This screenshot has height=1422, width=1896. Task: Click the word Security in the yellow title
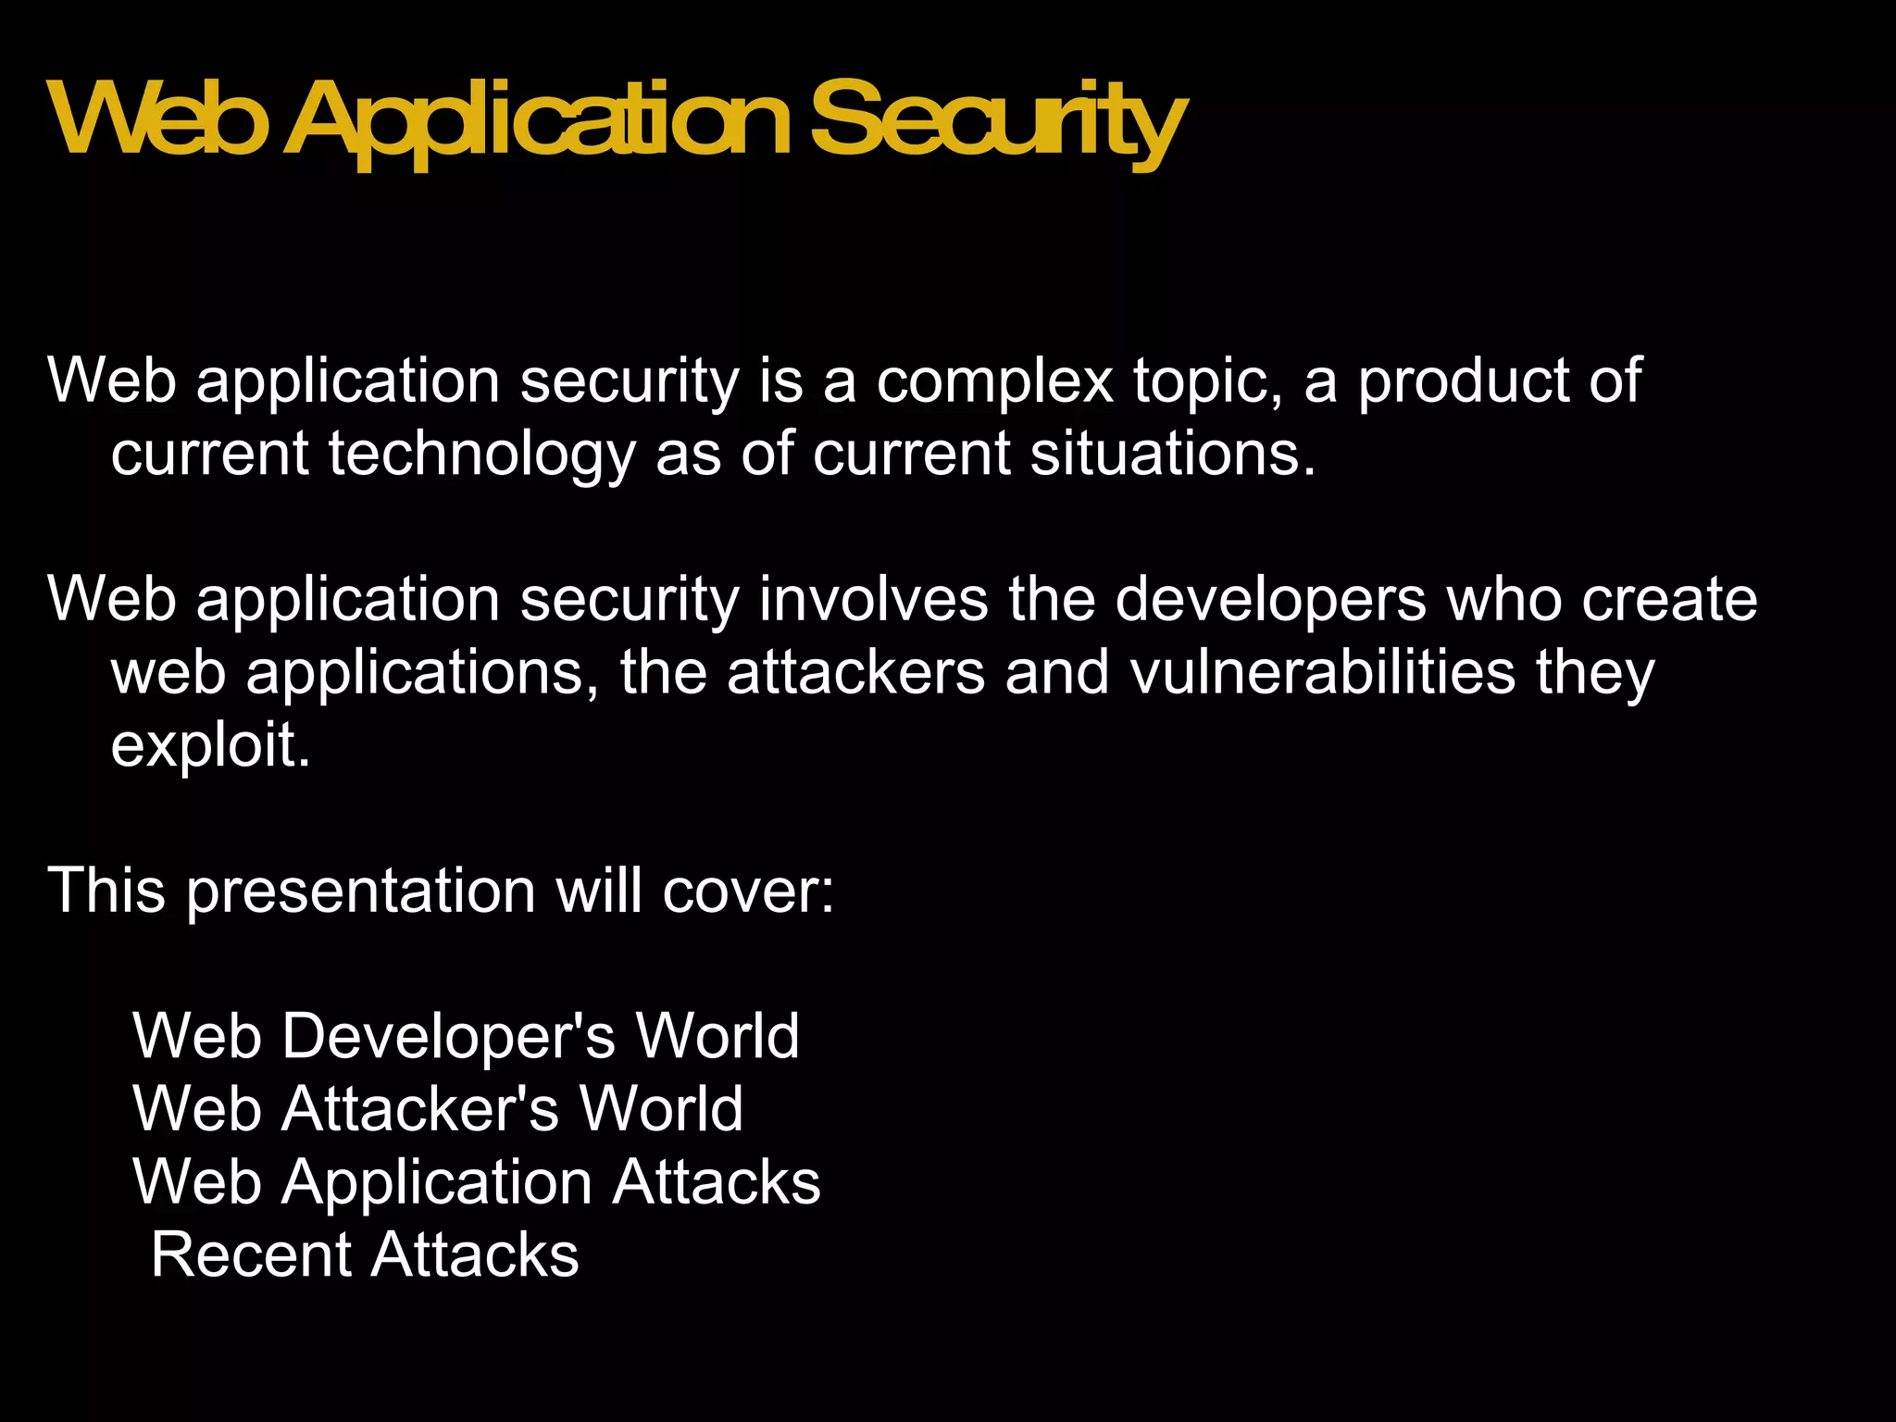tap(997, 122)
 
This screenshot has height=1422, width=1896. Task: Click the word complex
tap(994, 381)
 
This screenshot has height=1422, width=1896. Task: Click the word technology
tap(481, 455)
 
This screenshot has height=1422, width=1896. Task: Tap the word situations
tap(1173, 455)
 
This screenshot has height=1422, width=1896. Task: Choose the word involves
tap(873, 599)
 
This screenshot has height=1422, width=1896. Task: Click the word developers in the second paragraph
tap(1270, 600)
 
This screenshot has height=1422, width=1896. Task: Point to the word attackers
tap(855, 672)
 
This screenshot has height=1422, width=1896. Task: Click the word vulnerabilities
tap(1323, 672)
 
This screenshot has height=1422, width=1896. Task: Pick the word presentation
tap(361, 892)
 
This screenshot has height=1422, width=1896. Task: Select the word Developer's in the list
tap(449, 1036)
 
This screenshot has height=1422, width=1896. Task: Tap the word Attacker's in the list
tap(420, 1109)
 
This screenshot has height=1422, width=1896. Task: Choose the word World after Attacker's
tap(661, 1109)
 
